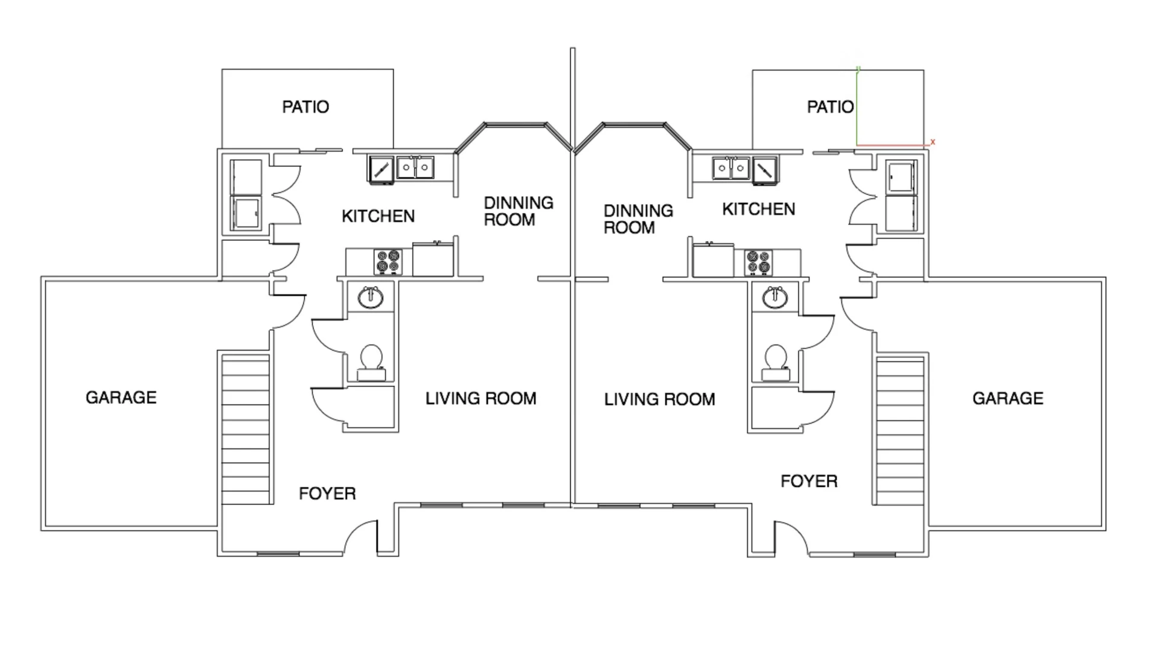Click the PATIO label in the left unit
(305, 107)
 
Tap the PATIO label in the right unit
(831, 107)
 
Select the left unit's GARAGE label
(121, 397)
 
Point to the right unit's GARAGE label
(1007, 398)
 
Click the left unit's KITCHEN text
(378, 216)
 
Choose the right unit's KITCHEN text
(759, 209)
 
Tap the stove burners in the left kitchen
(388, 262)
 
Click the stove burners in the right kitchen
(758, 262)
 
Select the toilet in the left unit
(371, 363)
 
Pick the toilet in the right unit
(776, 363)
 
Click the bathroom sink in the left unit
(370, 297)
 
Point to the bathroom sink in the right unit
(774, 297)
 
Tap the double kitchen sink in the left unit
(415, 167)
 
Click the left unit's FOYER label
(327, 494)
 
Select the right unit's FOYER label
(809, 481)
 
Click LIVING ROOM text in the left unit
(481, 398)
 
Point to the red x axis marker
(933, 142)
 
